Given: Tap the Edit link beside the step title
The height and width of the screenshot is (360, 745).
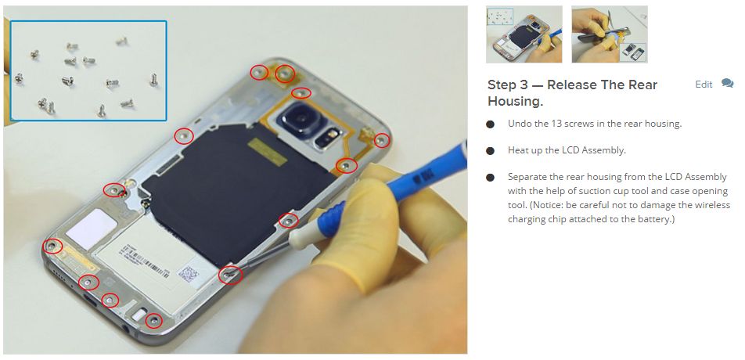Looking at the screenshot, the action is coord(704,85).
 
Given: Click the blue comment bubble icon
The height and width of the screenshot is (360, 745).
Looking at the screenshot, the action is coord(727,83).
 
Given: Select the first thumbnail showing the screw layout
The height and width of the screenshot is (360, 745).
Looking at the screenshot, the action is coord(524,34).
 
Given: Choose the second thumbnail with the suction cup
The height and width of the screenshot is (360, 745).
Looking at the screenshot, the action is coord(610,34).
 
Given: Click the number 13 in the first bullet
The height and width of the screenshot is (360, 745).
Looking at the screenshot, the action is coord(554,124).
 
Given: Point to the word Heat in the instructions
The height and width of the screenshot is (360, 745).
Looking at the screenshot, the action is coord(517,150).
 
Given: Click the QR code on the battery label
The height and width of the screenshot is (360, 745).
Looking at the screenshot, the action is coord(188,274).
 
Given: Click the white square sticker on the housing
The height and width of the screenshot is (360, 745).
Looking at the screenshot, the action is coord(92,229).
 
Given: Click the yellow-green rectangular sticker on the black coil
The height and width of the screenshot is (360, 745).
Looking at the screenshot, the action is coord(267,152).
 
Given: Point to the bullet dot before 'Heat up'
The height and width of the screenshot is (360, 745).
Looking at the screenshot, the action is coord(491,151).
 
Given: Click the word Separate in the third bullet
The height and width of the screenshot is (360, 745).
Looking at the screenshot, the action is coord(526,177).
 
